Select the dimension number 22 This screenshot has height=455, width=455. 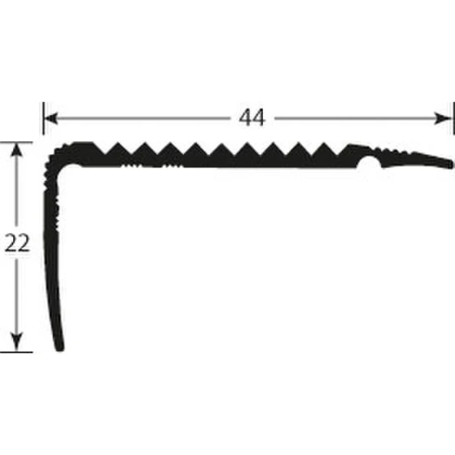pyautogui.click(x=17, y=243)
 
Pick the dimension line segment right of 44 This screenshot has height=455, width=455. pyautogui.click(x=356, y=118)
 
